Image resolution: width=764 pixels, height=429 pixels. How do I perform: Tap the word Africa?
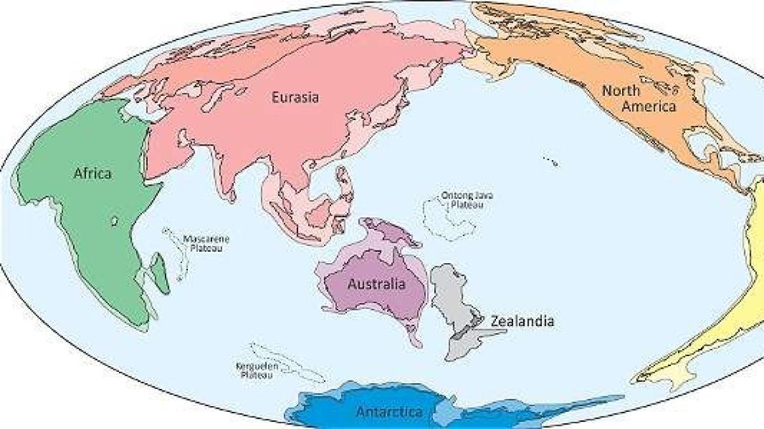point(92,173)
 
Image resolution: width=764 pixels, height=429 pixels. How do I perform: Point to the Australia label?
point(376,284)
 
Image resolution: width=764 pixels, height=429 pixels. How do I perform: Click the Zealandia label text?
point(522,321)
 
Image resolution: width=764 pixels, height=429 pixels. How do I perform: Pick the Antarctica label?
point(388,412)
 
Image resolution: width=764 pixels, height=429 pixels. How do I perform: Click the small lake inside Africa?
point(115,221)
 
